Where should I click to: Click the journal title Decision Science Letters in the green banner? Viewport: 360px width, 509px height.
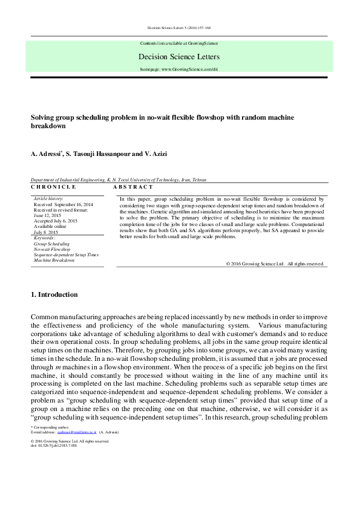click(x=179, y=57)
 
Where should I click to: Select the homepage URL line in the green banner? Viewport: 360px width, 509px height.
click(x=179, y=70)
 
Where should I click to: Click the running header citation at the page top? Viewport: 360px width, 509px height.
click(x=179, y=28)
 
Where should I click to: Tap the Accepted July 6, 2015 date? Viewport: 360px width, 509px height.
click(x=56, y=221)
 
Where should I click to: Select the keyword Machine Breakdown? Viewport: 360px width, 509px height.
click(x=54, y=261)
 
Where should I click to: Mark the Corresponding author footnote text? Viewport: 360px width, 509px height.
click(x=50, y=427)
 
